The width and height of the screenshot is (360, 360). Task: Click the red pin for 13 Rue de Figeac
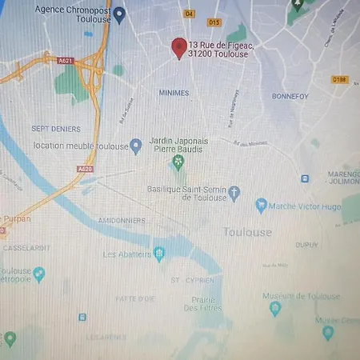(179, 48)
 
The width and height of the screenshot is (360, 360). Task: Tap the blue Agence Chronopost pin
(119, 14)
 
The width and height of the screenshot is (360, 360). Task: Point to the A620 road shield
(86, 170)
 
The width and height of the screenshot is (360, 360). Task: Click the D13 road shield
(214, 22)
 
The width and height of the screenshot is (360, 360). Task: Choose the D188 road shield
(339, 80)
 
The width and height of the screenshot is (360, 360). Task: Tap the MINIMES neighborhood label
(174, 94)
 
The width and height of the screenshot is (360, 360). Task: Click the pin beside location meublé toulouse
(136, 146)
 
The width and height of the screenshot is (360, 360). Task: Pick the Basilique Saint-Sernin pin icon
(234, 193)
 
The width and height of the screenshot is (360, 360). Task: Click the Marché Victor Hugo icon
(261, 206)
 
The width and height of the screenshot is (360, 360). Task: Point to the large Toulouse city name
(246, 233)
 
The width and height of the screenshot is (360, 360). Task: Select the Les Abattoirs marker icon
(160, 254)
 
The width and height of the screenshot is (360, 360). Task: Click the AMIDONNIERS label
(121, 220)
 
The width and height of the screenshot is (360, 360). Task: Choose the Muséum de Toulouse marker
(275, 308)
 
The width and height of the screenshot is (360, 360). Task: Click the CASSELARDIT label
(26, 248)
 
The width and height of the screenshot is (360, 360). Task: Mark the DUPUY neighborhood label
(306, 245)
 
